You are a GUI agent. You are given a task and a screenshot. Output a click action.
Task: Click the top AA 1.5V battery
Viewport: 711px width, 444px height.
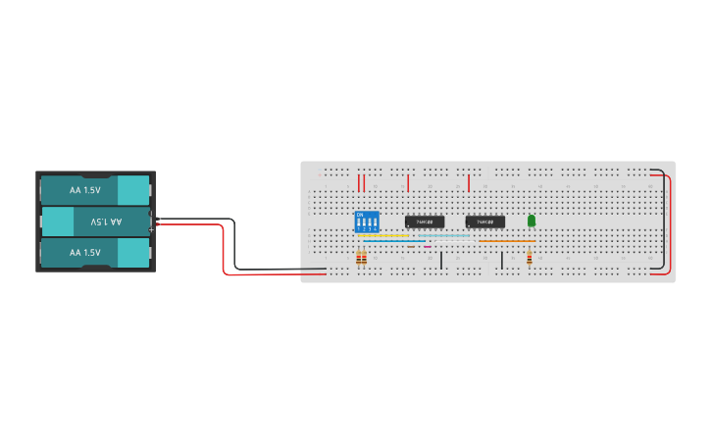(94, 189)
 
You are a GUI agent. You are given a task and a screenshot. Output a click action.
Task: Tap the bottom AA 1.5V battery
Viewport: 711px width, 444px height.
(94, 253)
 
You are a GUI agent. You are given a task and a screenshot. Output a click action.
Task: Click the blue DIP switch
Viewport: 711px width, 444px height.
(367, 222)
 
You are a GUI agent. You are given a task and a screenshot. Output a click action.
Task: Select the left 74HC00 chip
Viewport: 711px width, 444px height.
(425, 222)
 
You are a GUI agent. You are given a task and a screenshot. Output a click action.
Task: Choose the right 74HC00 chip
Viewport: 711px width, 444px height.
(485, 222)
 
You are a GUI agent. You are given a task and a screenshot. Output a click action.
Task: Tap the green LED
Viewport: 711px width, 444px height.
(532, 222)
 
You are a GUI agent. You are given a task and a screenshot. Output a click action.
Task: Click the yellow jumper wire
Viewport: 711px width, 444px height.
(383, 235)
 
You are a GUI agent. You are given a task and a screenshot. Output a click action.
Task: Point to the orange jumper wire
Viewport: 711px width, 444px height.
(506, 241)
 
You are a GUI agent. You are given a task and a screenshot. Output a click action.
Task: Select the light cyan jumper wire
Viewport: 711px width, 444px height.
(441, 235)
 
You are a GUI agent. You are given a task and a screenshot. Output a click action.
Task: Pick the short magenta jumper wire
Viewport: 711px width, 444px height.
(428, 246)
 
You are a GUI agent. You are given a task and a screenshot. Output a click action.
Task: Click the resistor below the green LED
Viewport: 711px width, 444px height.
(530, 258)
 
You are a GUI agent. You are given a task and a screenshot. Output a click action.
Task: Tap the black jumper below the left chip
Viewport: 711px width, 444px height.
(441, 260)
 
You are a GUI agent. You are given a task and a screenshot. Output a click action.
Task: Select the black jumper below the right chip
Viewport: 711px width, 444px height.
(502, 260)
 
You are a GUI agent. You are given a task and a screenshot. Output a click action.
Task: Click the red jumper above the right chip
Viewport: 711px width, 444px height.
(469, 182)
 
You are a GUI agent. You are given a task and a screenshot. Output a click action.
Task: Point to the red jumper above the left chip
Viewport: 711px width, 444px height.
(408, 182)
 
